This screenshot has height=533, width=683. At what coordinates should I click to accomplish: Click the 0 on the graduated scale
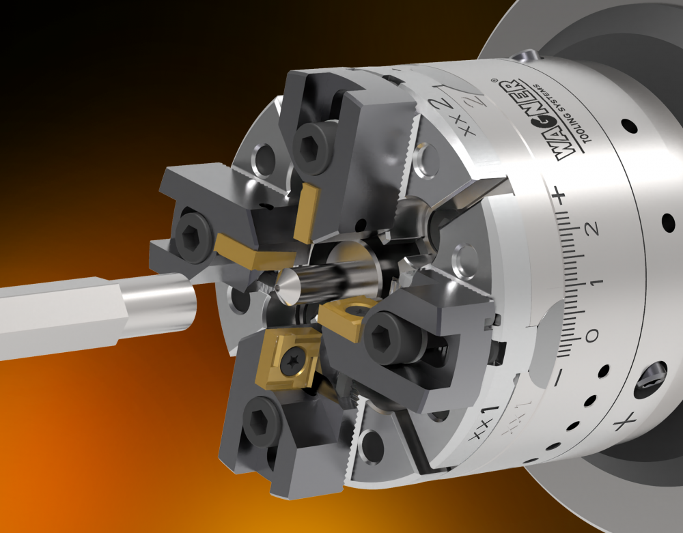point(591,336)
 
